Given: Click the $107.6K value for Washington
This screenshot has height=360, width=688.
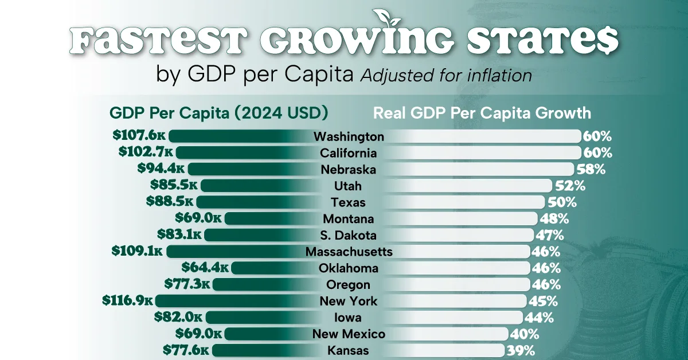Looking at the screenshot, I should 139,136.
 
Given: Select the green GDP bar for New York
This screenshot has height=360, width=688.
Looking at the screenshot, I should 229,301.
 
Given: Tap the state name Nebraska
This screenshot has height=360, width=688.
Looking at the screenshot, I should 349,169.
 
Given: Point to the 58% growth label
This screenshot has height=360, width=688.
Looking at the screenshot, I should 591,169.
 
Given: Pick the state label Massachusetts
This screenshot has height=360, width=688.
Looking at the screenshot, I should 349,252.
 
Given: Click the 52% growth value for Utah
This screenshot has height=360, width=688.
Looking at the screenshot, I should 570,186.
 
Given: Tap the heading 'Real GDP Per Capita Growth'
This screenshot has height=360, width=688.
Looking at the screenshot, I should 482,112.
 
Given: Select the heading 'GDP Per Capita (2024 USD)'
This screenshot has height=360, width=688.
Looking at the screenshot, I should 218,112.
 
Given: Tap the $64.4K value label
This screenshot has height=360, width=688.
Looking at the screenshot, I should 205,268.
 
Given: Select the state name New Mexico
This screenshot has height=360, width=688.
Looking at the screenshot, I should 349,334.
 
